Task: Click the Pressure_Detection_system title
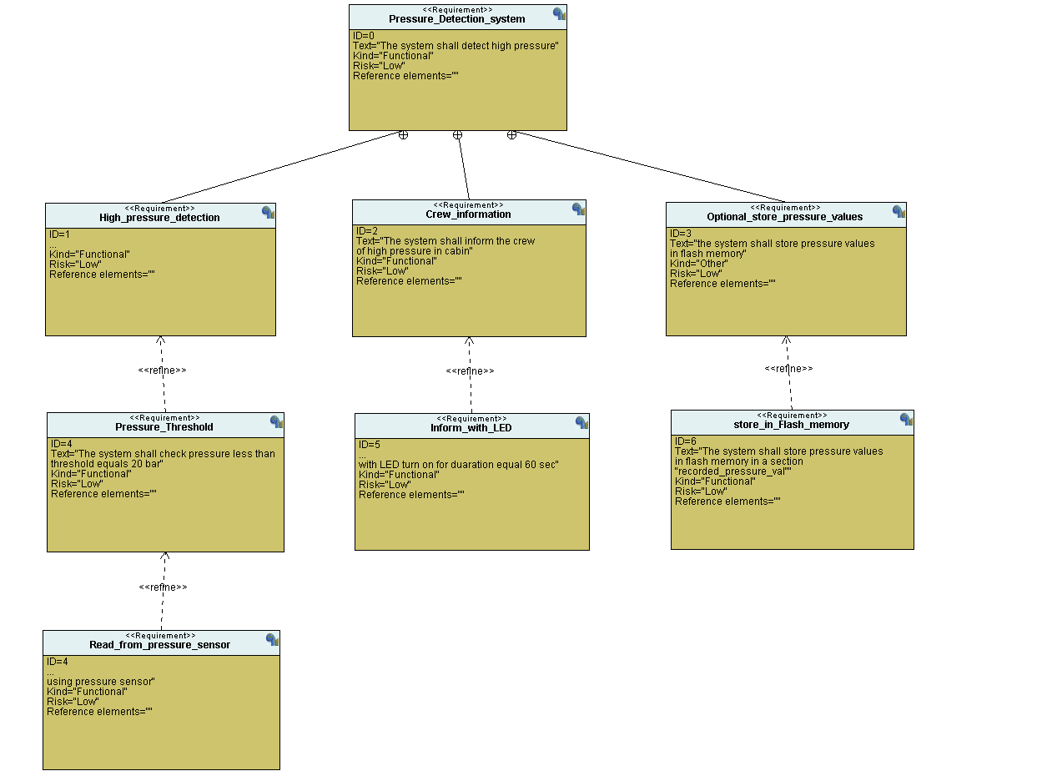click(x=456, y=19)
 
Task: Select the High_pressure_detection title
click(x=159, y=218)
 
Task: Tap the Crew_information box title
click(x=468, y=214)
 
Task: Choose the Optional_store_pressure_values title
click(x=784, y=217)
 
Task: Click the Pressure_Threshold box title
click(x=164, y=427)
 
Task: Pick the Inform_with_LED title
click(x=471, y=428)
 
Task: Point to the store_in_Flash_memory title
click(x=791, y=425)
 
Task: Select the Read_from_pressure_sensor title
click(x=159, y=645)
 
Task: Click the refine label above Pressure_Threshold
click(x=162, y=370)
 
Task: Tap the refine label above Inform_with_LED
click(x=470, y=371)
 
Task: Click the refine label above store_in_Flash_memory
click(x=788, y=369)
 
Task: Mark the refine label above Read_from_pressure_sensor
click(x=163, y=587)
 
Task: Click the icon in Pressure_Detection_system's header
click(x=559, y=14)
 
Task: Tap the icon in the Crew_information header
click(x=578, y=209)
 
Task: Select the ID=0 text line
click(x=364, y=36)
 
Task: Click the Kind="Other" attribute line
click(x=699, y=264)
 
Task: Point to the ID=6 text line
click(x=685, y=441)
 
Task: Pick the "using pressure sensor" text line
click(x=100, y=682)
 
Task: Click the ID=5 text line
click(x=369, y=445)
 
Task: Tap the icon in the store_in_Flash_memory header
click(x=906, y=420)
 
